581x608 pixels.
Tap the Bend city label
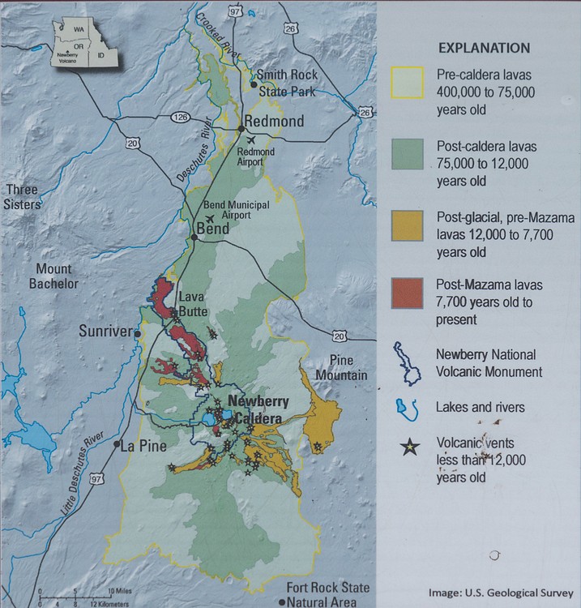[211, 229]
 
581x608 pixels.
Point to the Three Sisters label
[22, 197]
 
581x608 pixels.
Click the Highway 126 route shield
[179, 118]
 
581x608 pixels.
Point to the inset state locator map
[83, 42]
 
